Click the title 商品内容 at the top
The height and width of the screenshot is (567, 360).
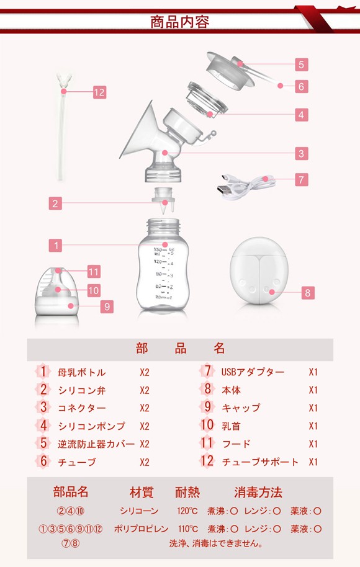(x=180, y=22)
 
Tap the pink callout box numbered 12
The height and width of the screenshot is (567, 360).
(x=99, y=92)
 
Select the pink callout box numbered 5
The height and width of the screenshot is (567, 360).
(x=302, y=65)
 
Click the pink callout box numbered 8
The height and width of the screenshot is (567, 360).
(x=307, y=293)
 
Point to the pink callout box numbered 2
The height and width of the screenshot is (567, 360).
(x=55, y=203)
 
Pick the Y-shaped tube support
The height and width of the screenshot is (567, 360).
(x=64, y=127)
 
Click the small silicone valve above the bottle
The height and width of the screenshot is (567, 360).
(x=164, y=201)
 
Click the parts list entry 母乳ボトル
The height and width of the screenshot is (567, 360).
(x=82, y=372)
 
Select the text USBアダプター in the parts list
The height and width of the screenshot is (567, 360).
(x=253, y=372)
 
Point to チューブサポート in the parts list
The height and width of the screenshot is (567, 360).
(x=260, y=462)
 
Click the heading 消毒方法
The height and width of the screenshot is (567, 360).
(x=258, y=492)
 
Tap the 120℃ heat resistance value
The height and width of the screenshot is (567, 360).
(x=187, y=511)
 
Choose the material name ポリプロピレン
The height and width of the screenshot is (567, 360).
(x=141, y=529)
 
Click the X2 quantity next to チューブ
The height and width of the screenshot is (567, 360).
(x=145, y=462)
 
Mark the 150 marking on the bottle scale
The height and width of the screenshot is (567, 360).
(x=159, y=250)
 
